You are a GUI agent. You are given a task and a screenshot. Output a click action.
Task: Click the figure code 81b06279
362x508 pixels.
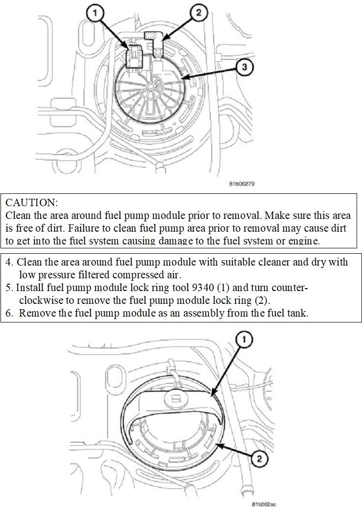pyautogui.click(x=241, y=185)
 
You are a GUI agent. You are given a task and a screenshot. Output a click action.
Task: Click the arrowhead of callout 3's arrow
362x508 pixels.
pyautogui.click(x=182, y=78)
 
